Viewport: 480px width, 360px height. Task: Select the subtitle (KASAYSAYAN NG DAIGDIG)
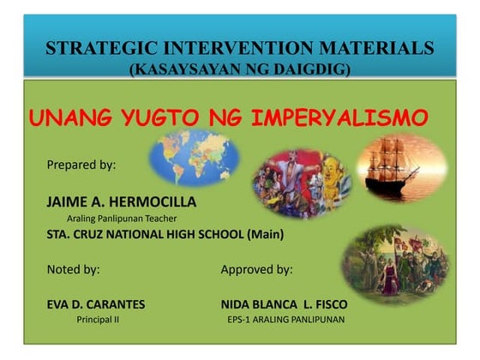click(x=239, y=69)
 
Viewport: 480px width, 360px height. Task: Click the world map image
click(x=190, y=159)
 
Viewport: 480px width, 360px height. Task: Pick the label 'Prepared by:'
click(x=81, y=164)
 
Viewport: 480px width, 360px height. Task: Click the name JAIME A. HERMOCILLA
click(x=121, y=201)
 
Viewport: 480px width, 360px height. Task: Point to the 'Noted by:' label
click(x=73, y=269)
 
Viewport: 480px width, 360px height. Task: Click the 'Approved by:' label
click(x=256, y=269)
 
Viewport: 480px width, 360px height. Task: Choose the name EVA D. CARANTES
click(x=95, y=304)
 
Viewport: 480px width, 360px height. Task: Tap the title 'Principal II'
click(x=98, y=320)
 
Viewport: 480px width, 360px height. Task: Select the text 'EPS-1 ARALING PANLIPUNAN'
click(x=285, y=320)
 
